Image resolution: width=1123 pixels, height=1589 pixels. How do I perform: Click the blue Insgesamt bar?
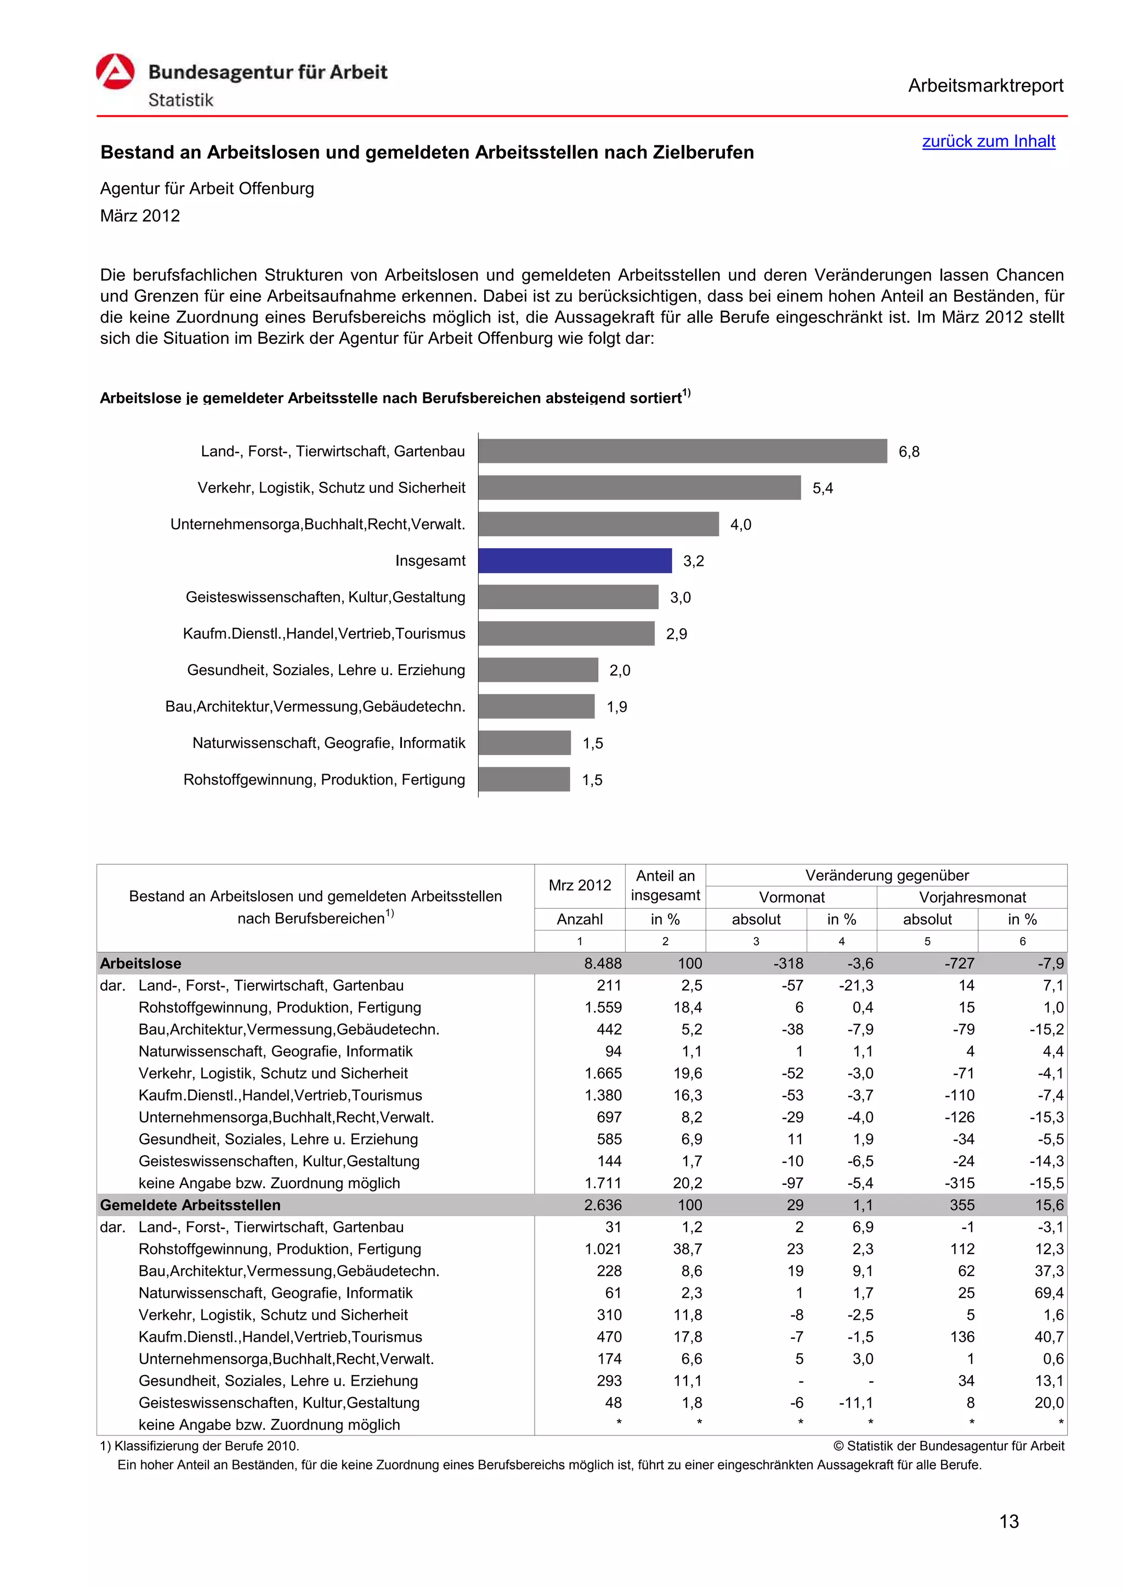click(x=574, y=560)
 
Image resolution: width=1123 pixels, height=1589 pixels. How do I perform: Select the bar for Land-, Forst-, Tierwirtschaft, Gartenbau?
click(x=682, y=451)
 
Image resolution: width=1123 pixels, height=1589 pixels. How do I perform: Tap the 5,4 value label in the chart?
click(x=822, y=489)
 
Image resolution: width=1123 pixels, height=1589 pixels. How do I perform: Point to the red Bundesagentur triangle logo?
click(x=115, y=72)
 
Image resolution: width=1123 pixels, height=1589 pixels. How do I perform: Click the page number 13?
click(x=1009, y=1521)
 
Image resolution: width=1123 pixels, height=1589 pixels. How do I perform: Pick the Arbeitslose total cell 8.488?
click(x=603, y=963)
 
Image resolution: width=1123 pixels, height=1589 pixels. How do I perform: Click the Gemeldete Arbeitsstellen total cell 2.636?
click(x=603, y=1205)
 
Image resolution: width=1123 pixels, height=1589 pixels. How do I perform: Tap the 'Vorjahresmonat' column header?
click(x=972, y=898)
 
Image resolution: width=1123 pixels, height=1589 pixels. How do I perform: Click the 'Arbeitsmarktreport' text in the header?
click(x=985, y=86)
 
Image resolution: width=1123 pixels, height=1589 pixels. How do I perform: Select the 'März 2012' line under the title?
click(x=140, y=216)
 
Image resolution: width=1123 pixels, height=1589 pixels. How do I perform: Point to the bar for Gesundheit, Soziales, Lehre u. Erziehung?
click(x=537, y=670)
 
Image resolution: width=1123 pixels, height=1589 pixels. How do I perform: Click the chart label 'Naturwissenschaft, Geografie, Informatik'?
click(x=328, y=744)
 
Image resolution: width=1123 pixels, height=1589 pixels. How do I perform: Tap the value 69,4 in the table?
click(x=1049, y=1293)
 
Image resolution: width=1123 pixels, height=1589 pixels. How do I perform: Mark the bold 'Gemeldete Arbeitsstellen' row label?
click(x=190, y=1205)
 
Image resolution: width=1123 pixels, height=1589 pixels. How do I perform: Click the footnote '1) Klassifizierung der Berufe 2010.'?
click(x=200, y=1446)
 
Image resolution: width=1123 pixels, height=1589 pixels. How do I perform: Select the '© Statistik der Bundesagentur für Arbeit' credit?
click(x=949, y=1446)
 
